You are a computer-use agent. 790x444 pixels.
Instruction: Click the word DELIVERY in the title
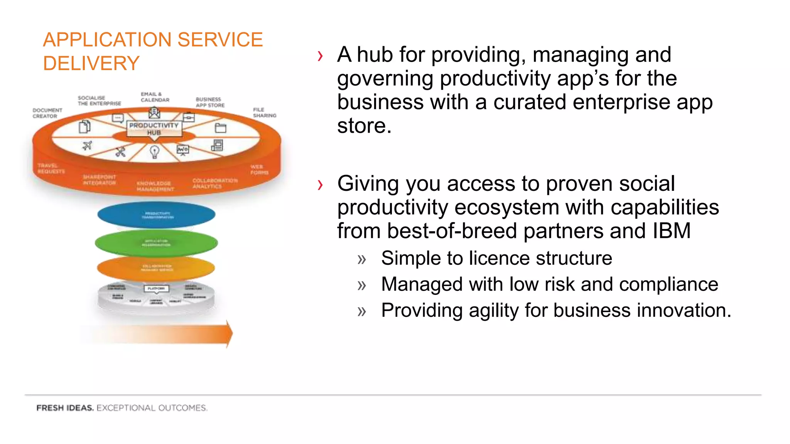coord(91,63)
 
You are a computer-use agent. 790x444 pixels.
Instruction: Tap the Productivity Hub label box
coord(154,129)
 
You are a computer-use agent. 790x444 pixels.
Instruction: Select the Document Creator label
coord(47,113)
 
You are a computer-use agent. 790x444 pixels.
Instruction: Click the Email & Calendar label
coord(155,97)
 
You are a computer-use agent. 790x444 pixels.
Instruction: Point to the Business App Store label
coord(210,102)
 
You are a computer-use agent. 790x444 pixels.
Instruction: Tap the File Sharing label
coord(264,113)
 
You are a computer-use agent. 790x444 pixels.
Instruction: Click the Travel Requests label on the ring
coord(51,168)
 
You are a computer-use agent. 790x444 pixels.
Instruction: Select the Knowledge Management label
coord(155,186)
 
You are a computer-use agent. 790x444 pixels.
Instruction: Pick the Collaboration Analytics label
coord(215,183)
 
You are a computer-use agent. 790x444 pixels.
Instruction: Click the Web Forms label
coord(259,170)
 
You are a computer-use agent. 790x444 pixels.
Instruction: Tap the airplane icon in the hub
coord(87,146)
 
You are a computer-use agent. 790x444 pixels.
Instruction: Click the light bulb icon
coord(154,151)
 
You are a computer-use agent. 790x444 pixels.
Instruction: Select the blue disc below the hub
coord(156,215)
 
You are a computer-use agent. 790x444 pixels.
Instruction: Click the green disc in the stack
coord(156,243)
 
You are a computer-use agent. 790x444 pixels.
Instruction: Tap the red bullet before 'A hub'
coord(320,56)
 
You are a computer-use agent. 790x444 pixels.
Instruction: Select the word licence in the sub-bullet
coord(499,258)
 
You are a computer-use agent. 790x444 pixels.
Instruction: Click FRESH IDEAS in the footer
coord(65,408)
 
